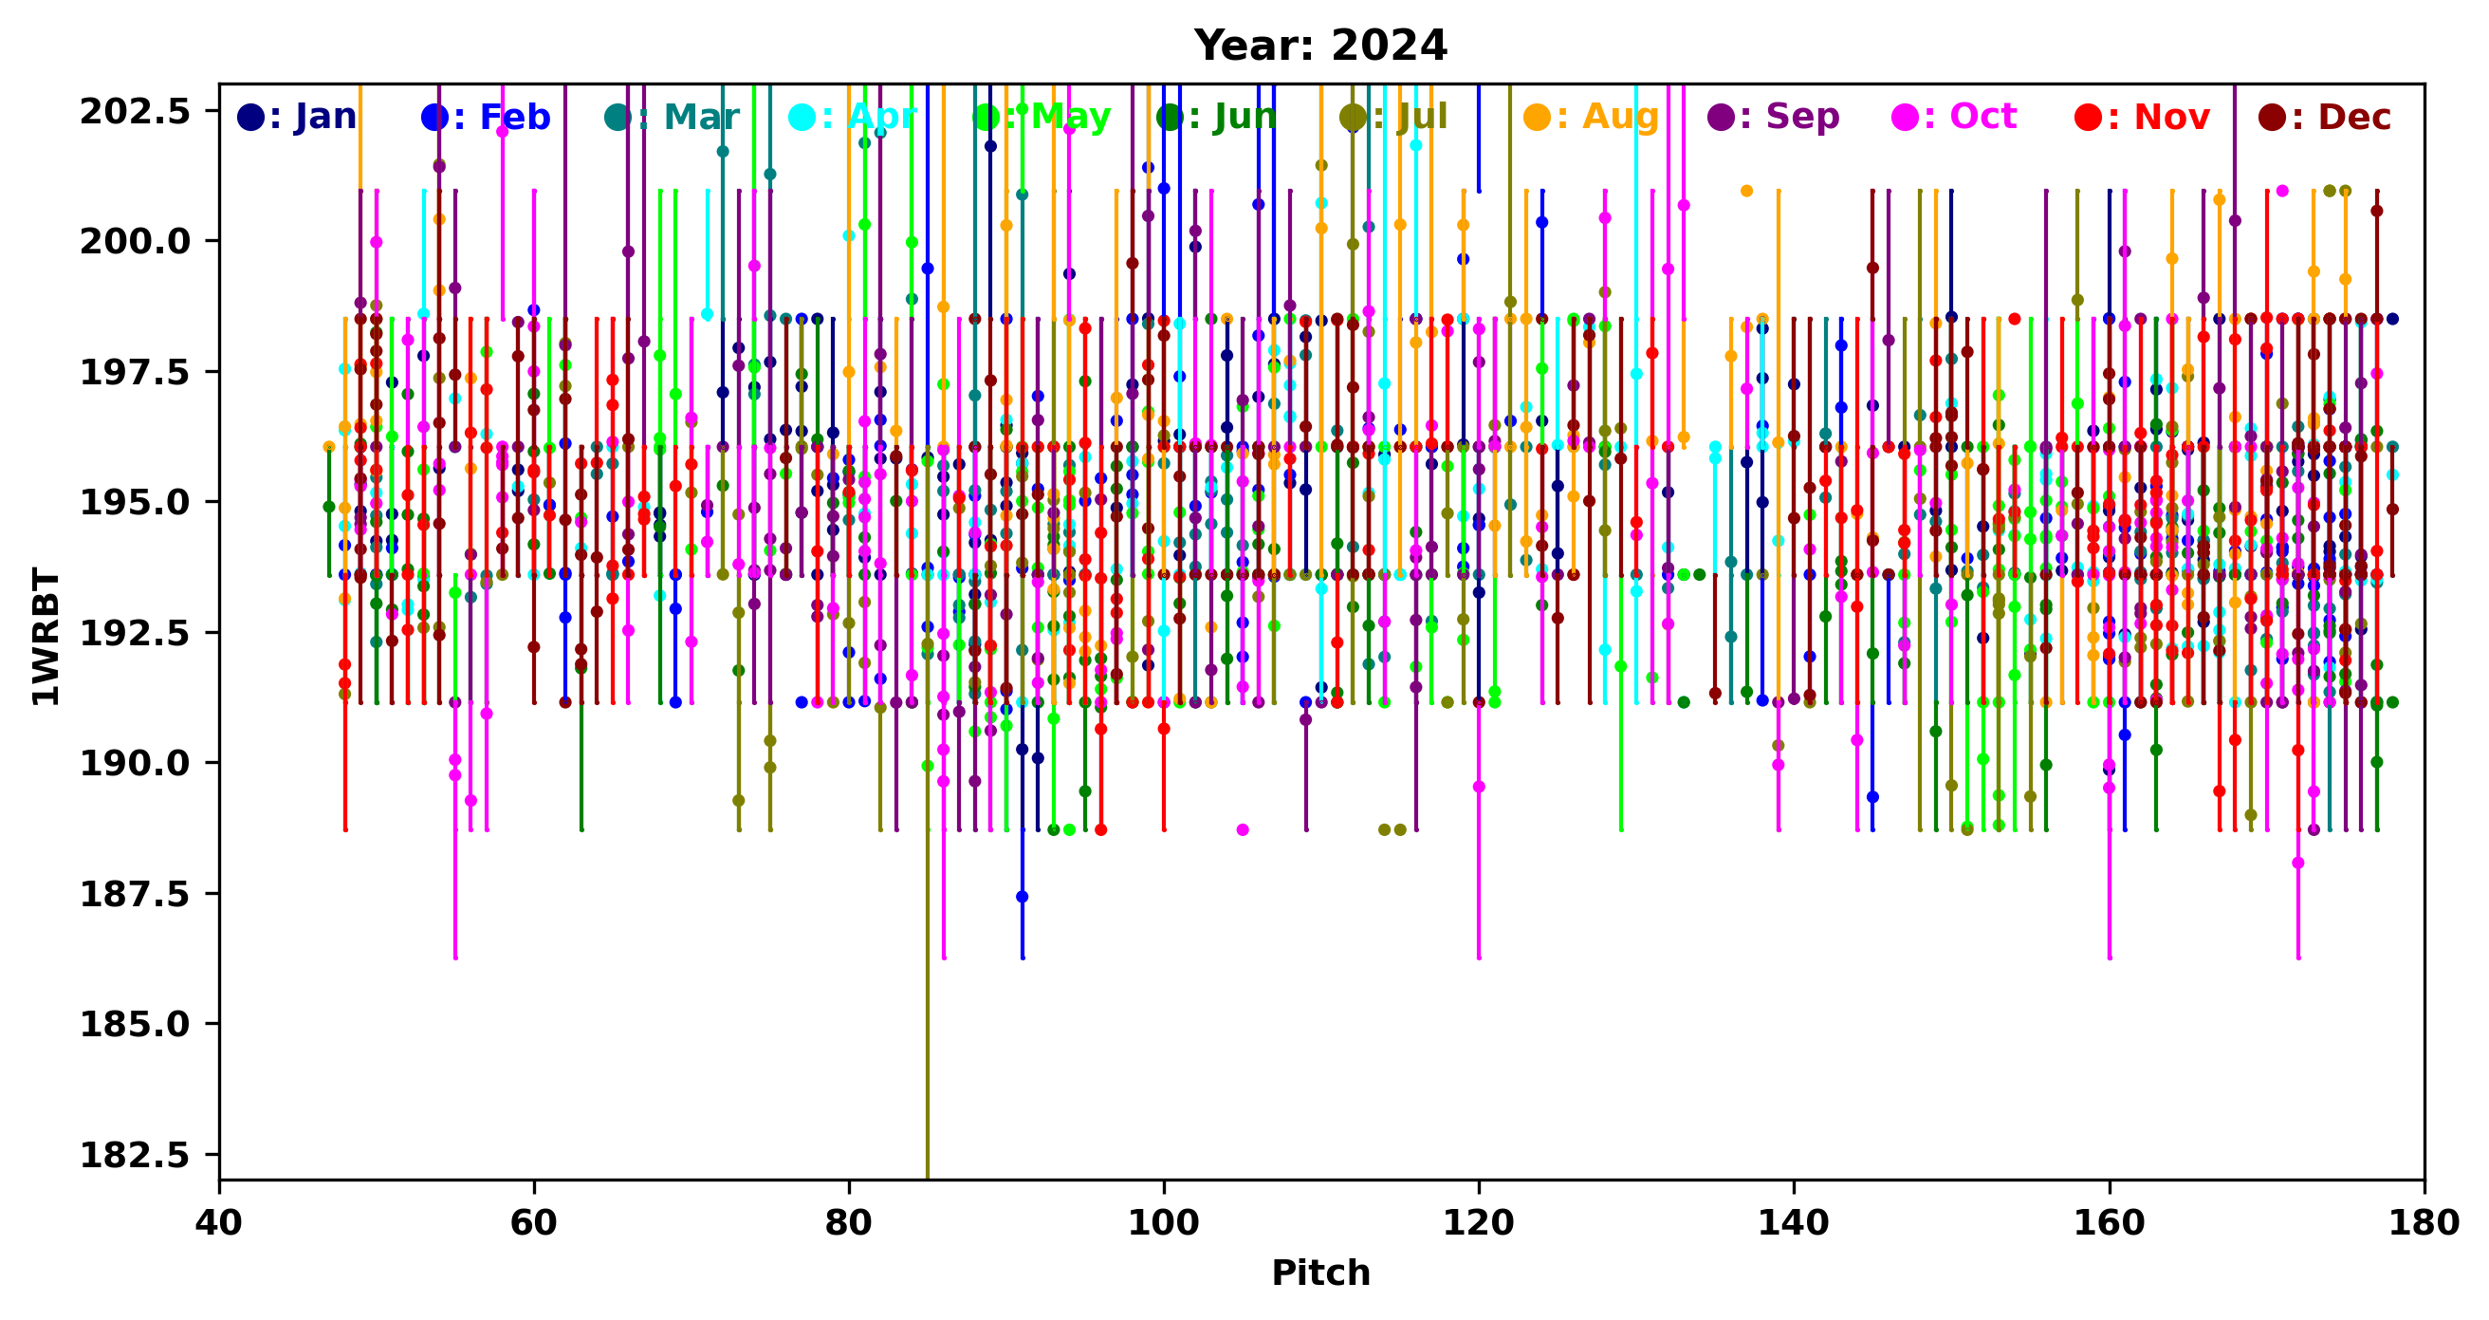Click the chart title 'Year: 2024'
click(1319, 46)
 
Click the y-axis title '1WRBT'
click(46, 636)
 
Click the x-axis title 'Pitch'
click(1319, 1273)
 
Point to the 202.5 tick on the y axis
click(135, 112)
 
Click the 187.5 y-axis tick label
click(135, 894)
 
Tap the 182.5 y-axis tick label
click(135, 1155)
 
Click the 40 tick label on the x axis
click(219, 1223)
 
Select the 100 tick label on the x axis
click(1163, 1223)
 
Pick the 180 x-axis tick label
click(2424, 1223)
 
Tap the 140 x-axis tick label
click(1794, 1223)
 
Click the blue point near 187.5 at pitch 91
click(1023, 897)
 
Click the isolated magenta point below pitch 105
click(1243, 830)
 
